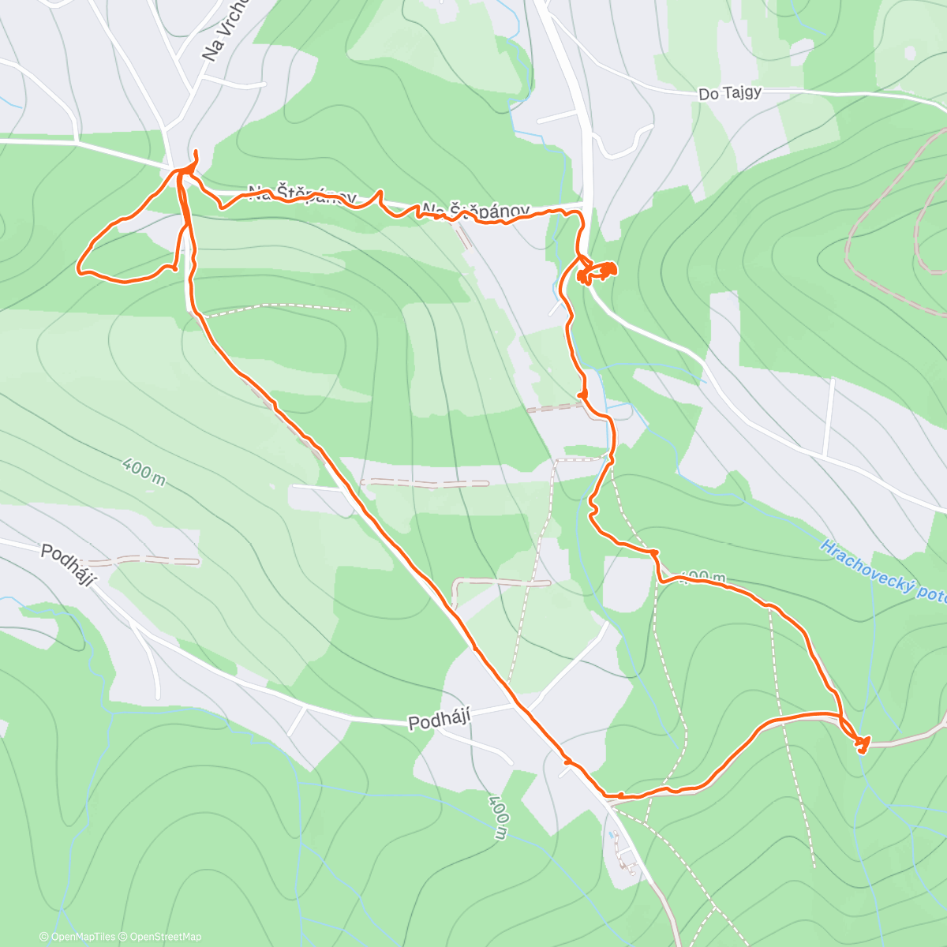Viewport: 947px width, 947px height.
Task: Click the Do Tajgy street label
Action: [x=730, y=93]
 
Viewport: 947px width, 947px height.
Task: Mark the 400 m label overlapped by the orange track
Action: [x=702, y=578]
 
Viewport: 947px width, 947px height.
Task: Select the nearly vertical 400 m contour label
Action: [x=497, y=817]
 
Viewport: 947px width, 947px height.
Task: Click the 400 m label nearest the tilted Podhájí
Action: [x=144, y=472]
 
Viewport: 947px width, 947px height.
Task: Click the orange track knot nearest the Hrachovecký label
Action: [x=862, y=743]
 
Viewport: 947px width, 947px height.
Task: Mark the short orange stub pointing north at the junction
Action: [x=194, y=156]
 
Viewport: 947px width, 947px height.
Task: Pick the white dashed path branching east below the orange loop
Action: [x=276, y=308]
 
